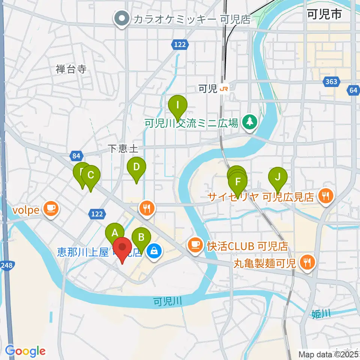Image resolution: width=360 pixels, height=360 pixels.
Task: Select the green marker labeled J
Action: click(x=277, y=176)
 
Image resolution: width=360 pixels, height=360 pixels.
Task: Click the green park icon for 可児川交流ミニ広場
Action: click(x=248, y=122)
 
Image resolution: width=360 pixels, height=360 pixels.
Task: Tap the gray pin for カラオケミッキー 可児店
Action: click(x=122, y=18)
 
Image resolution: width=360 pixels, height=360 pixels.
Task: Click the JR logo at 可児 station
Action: click(x=224, y=89)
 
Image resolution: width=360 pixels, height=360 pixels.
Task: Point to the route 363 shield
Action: click(x=331, y=81)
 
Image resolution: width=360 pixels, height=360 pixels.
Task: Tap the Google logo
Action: click(x=25, y=351)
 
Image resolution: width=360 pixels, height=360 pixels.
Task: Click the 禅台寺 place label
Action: click(x=71, y=69)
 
